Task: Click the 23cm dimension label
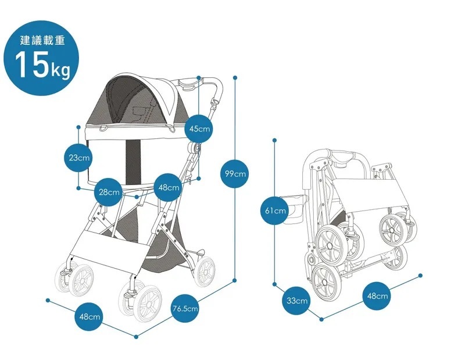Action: click(78, 158)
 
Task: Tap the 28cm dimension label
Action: click(109, 192)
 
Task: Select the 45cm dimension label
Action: click(199, 129)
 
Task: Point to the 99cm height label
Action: click(235, 173)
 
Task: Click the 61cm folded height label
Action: click(275, 210)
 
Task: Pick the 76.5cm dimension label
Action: click(185, 308)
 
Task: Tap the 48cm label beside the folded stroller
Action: click(377, 297)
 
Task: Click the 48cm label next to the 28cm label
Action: click(169, 188)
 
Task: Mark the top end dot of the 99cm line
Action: click(235, 77)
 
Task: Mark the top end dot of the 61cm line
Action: click(275, 140)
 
